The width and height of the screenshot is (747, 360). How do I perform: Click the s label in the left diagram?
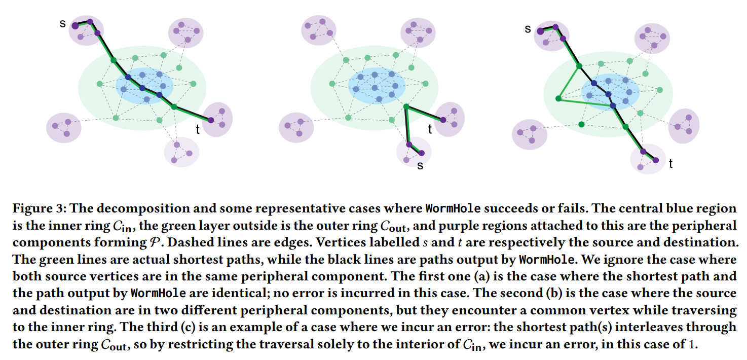click(62, 23)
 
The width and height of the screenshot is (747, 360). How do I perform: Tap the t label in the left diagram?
click(198, 130)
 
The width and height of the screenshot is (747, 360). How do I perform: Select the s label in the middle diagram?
click(420, 165)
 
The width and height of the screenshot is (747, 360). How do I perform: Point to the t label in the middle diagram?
click(430, 130)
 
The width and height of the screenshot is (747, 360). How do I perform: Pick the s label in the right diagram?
click(528, 29)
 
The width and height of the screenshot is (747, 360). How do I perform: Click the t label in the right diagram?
click(670, 164)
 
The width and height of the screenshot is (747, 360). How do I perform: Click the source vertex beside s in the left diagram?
click(74, 25)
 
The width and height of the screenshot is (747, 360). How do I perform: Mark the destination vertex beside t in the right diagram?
click(656, 160)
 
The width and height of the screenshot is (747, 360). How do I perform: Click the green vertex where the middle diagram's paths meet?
click(406, 106)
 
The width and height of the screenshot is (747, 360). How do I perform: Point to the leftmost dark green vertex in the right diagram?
click(558, 98)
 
